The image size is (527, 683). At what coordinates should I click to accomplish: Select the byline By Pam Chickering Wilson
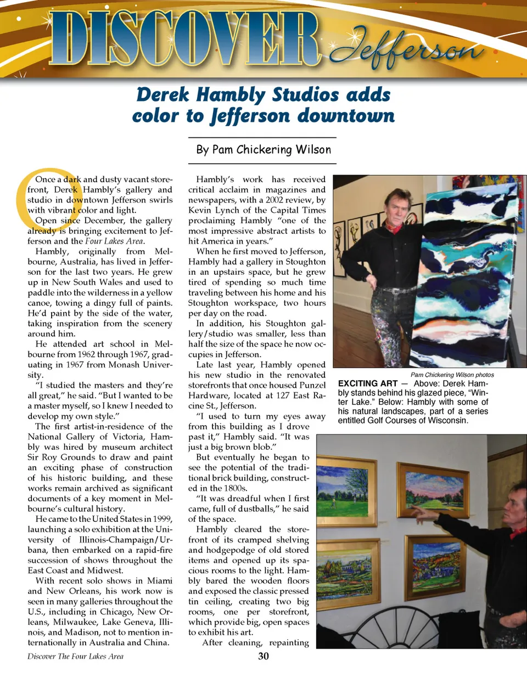263,150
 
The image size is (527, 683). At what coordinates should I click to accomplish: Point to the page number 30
263,656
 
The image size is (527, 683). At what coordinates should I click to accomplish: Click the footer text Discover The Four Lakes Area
75,656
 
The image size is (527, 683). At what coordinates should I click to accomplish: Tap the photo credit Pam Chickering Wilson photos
452,375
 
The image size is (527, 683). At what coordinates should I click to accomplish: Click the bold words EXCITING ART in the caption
368,383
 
